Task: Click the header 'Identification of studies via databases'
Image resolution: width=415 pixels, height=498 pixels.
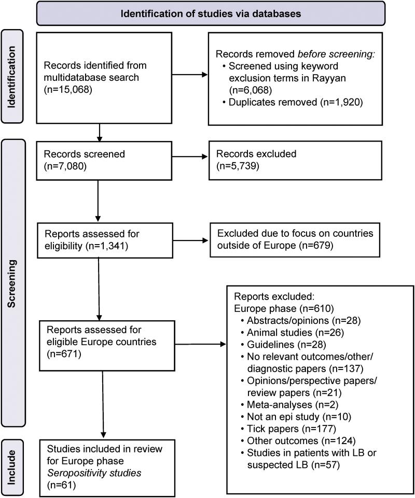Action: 211,13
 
